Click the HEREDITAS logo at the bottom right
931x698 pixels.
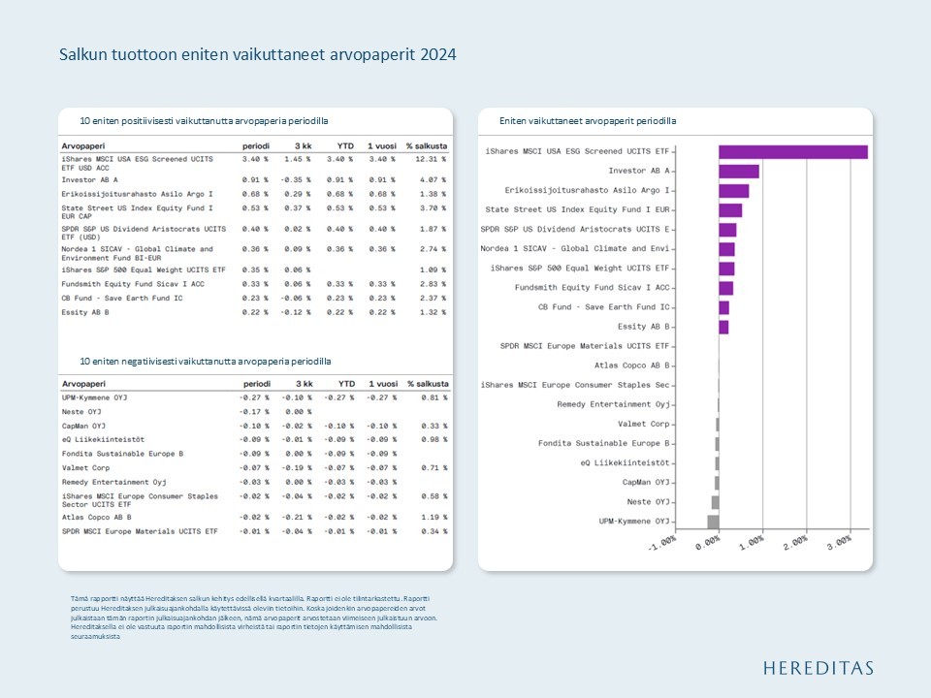coord(818,668)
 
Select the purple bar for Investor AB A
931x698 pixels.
coord(739,172)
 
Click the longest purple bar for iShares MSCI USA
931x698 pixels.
coord(793,151)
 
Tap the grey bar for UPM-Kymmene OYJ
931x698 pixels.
coord(713,522)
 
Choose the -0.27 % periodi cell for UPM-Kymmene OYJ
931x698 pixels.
coord(254,397)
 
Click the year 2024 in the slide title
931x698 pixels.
coord(438,55)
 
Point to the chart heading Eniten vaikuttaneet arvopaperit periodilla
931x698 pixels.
coord(588,121)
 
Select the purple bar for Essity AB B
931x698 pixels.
coord(723,327)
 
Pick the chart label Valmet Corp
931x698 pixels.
coord(643,424)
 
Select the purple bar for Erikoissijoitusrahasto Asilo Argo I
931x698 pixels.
coord(734,191)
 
